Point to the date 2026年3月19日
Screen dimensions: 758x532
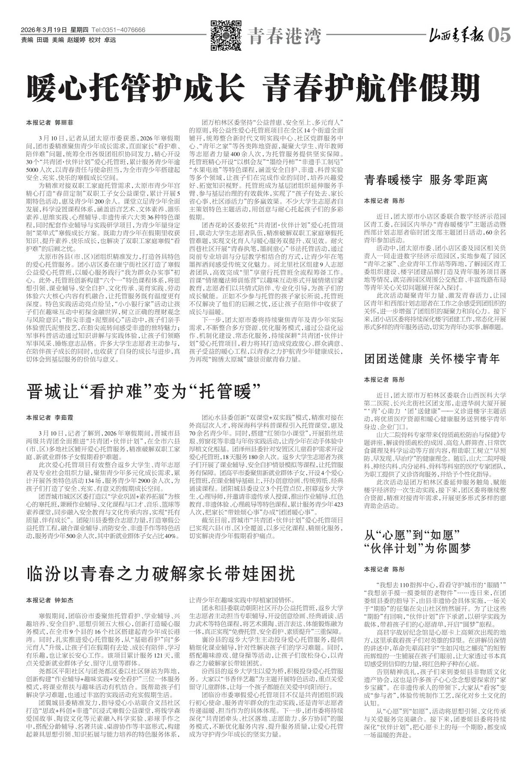pyautogui.click(x=44, y=30)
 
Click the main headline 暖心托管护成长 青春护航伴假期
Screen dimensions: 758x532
pyautogui.click(x=253, y=87)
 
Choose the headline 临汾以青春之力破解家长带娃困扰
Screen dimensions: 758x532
pyautogui.click(x=161, y=573)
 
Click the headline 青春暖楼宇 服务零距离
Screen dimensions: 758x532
pyautogui.click(x=426, y=180)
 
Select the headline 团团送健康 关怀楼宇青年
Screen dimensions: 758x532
pyautogui.click(x=432, y=358)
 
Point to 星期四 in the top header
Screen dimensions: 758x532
pyautogui.click(x=79, y=30)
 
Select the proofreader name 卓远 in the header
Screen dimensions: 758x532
pyautogui.click(x=110, y=40)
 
